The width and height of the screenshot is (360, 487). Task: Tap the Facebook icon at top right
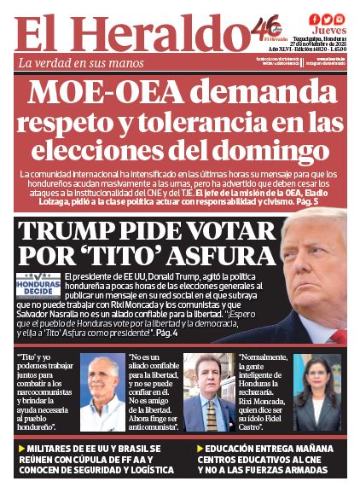tap(315, 19)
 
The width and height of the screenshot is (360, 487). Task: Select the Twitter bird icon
tap(327, 19)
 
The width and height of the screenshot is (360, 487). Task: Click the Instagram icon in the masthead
tap(339, 19)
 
